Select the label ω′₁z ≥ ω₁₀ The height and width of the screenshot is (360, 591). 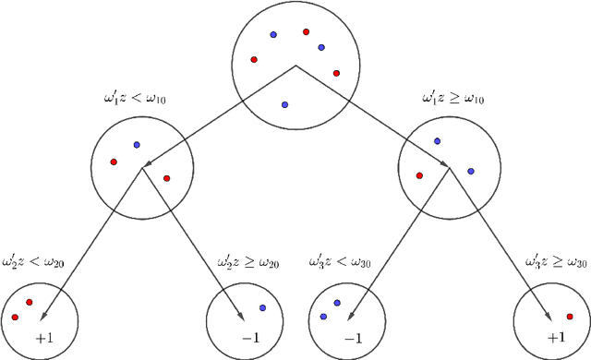coord(454,96)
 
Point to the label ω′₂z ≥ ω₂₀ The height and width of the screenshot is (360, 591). coord(247,263)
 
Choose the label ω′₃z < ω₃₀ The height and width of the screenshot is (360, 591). coord(340,263)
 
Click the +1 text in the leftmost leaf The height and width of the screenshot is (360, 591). coord(42,338)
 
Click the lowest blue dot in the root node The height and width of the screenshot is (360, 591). coord(284,104)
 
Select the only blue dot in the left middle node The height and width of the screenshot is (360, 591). coord(137,144)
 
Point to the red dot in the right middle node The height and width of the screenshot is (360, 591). coord(419,174)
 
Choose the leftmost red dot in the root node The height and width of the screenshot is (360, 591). coord(254,60)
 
